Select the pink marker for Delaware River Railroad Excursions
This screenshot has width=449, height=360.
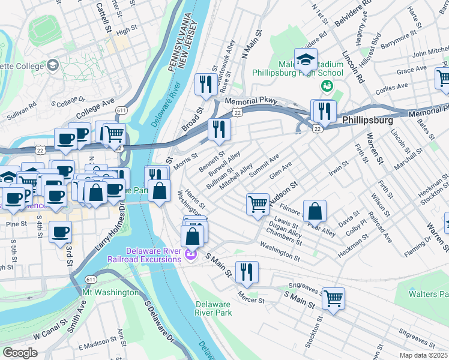tap(190, 255)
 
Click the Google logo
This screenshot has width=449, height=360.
tap(20, 352)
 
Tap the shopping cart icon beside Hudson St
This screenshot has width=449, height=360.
tap(258, 204)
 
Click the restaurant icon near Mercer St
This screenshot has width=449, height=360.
tap(247, 272)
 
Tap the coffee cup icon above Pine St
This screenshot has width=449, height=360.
tap(60, 233)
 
